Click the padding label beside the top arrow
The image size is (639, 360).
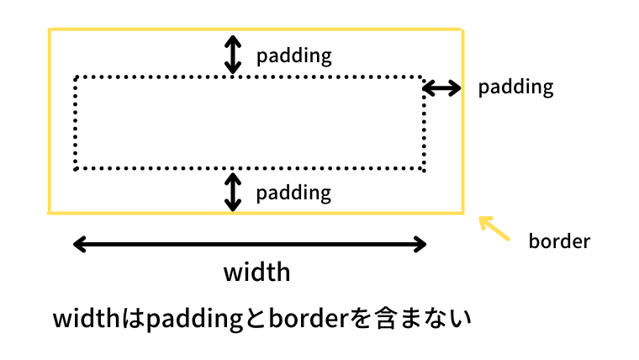293,56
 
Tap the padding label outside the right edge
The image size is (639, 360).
515,87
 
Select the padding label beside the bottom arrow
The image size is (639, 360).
293,193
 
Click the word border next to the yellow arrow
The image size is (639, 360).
559,241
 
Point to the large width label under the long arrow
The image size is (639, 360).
256,272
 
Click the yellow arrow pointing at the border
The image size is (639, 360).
494,228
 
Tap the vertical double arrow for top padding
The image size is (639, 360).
233,55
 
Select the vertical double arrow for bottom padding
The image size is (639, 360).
233,192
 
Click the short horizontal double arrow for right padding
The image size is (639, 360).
441,88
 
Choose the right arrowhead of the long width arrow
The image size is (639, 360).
420,244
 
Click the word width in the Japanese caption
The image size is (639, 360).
86,319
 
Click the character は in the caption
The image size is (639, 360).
133,319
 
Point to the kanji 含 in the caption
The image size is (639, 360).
385,319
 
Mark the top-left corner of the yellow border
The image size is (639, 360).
50,29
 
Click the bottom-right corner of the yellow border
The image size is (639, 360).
463,213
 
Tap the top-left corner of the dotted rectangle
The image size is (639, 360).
76,77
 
